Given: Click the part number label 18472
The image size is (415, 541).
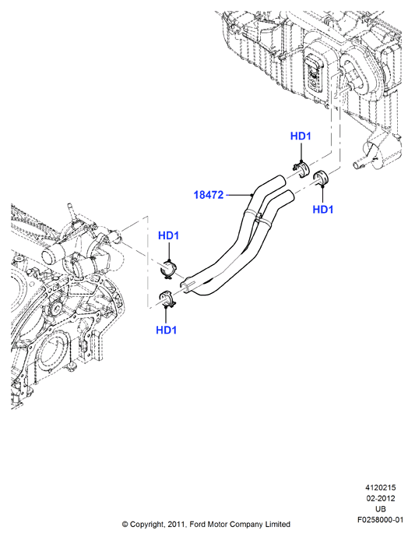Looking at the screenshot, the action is click(209, 195).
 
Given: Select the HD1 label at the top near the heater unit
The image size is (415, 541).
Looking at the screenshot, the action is click(301, 136).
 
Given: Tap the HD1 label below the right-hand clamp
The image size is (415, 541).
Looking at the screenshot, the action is click(323, 210).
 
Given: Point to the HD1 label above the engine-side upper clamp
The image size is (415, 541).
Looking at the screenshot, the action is click(168, 235).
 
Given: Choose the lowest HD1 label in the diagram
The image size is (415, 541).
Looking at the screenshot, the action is click(166, 331).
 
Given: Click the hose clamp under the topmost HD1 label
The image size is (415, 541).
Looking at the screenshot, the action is click(301, 169).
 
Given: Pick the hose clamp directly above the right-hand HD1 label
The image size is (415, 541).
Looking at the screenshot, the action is click(322, 177).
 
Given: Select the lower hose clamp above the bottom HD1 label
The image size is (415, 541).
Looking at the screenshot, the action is click(167, 299).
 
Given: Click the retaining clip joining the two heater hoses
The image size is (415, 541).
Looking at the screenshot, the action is click(259, 218).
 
